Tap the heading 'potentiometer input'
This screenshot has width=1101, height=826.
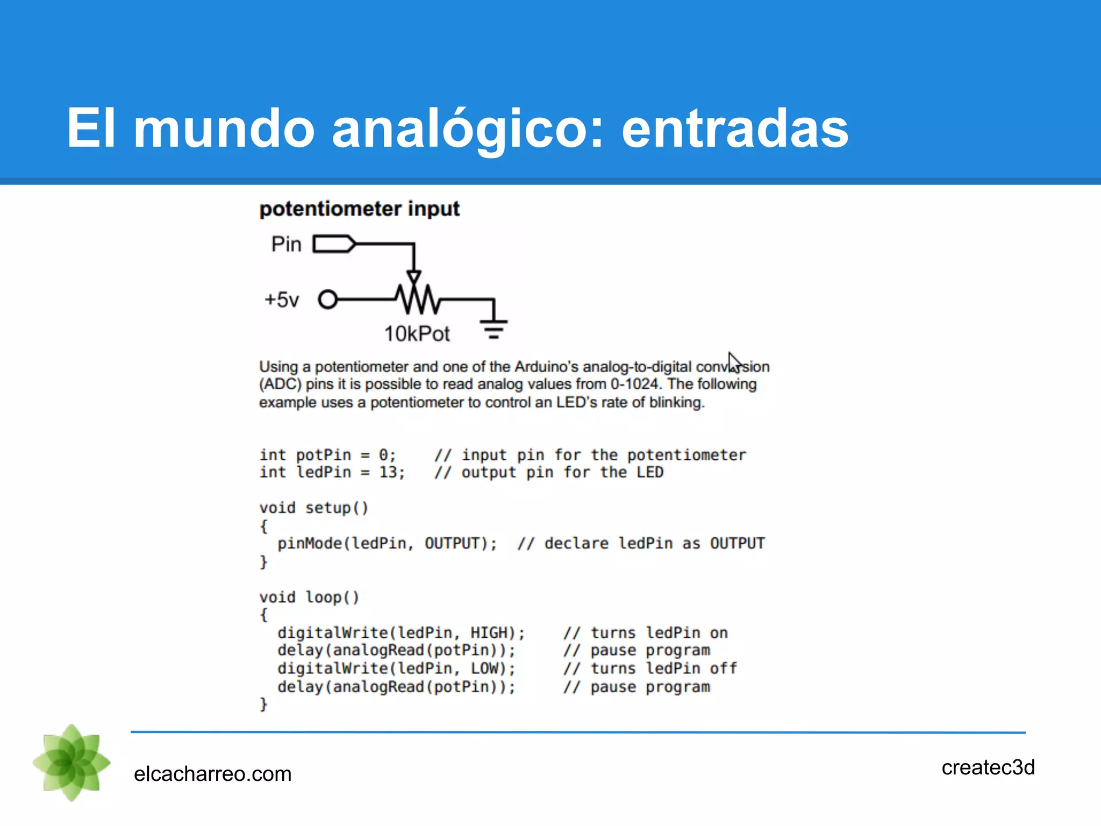pos(359,209)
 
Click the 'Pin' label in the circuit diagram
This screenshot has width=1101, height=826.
pos(286,244)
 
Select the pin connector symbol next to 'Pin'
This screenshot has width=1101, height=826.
pos(334,244)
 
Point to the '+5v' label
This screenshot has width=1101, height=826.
pos(281,300)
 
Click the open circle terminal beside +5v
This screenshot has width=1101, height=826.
pos(327,299)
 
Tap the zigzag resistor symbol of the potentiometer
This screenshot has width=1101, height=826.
pos(417,300)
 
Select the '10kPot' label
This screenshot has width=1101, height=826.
pos(417,334)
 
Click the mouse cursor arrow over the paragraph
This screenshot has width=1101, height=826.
pos(734,361)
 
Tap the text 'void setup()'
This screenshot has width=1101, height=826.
pos(313,508)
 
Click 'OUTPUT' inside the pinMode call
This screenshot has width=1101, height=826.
pos(452,543)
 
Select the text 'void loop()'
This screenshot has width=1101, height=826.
pos(309,597)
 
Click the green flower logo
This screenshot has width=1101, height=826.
pos(72,763)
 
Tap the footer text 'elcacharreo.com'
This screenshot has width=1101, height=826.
pos(212,774)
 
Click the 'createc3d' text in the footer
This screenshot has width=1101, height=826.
pos(988,767)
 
